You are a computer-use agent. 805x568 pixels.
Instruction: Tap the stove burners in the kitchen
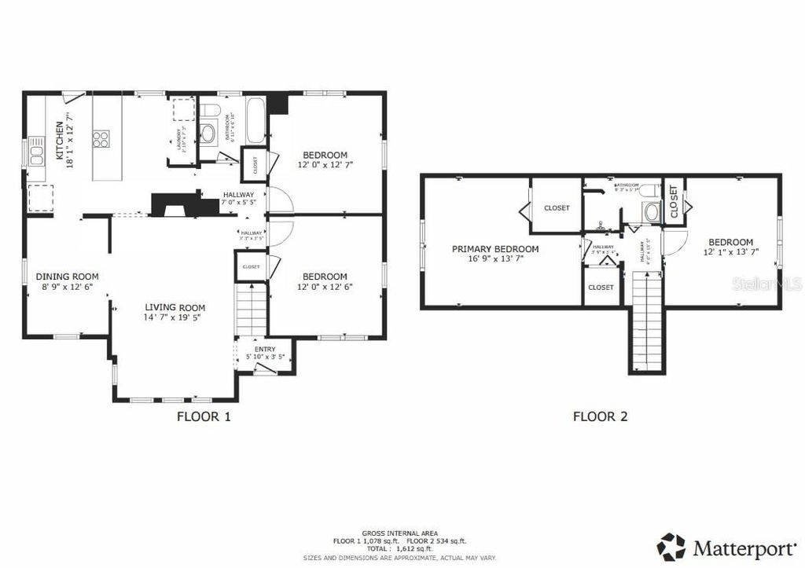(101, 139)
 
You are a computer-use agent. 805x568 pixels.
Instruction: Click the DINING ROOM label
(67, 277)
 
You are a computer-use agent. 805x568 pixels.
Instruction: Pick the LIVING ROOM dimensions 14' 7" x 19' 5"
(174, 318)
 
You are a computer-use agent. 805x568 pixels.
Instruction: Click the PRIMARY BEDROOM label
(495, 249)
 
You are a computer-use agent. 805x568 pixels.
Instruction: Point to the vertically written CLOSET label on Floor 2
(674, 201)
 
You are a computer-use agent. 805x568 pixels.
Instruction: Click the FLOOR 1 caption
(203, 416)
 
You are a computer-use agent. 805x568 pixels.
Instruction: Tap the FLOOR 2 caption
(600, 416)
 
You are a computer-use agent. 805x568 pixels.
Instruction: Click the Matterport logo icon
(671, 546)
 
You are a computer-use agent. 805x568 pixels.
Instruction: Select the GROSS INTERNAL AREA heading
(400, 533)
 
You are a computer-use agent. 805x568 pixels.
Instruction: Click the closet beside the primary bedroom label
(557, 207)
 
